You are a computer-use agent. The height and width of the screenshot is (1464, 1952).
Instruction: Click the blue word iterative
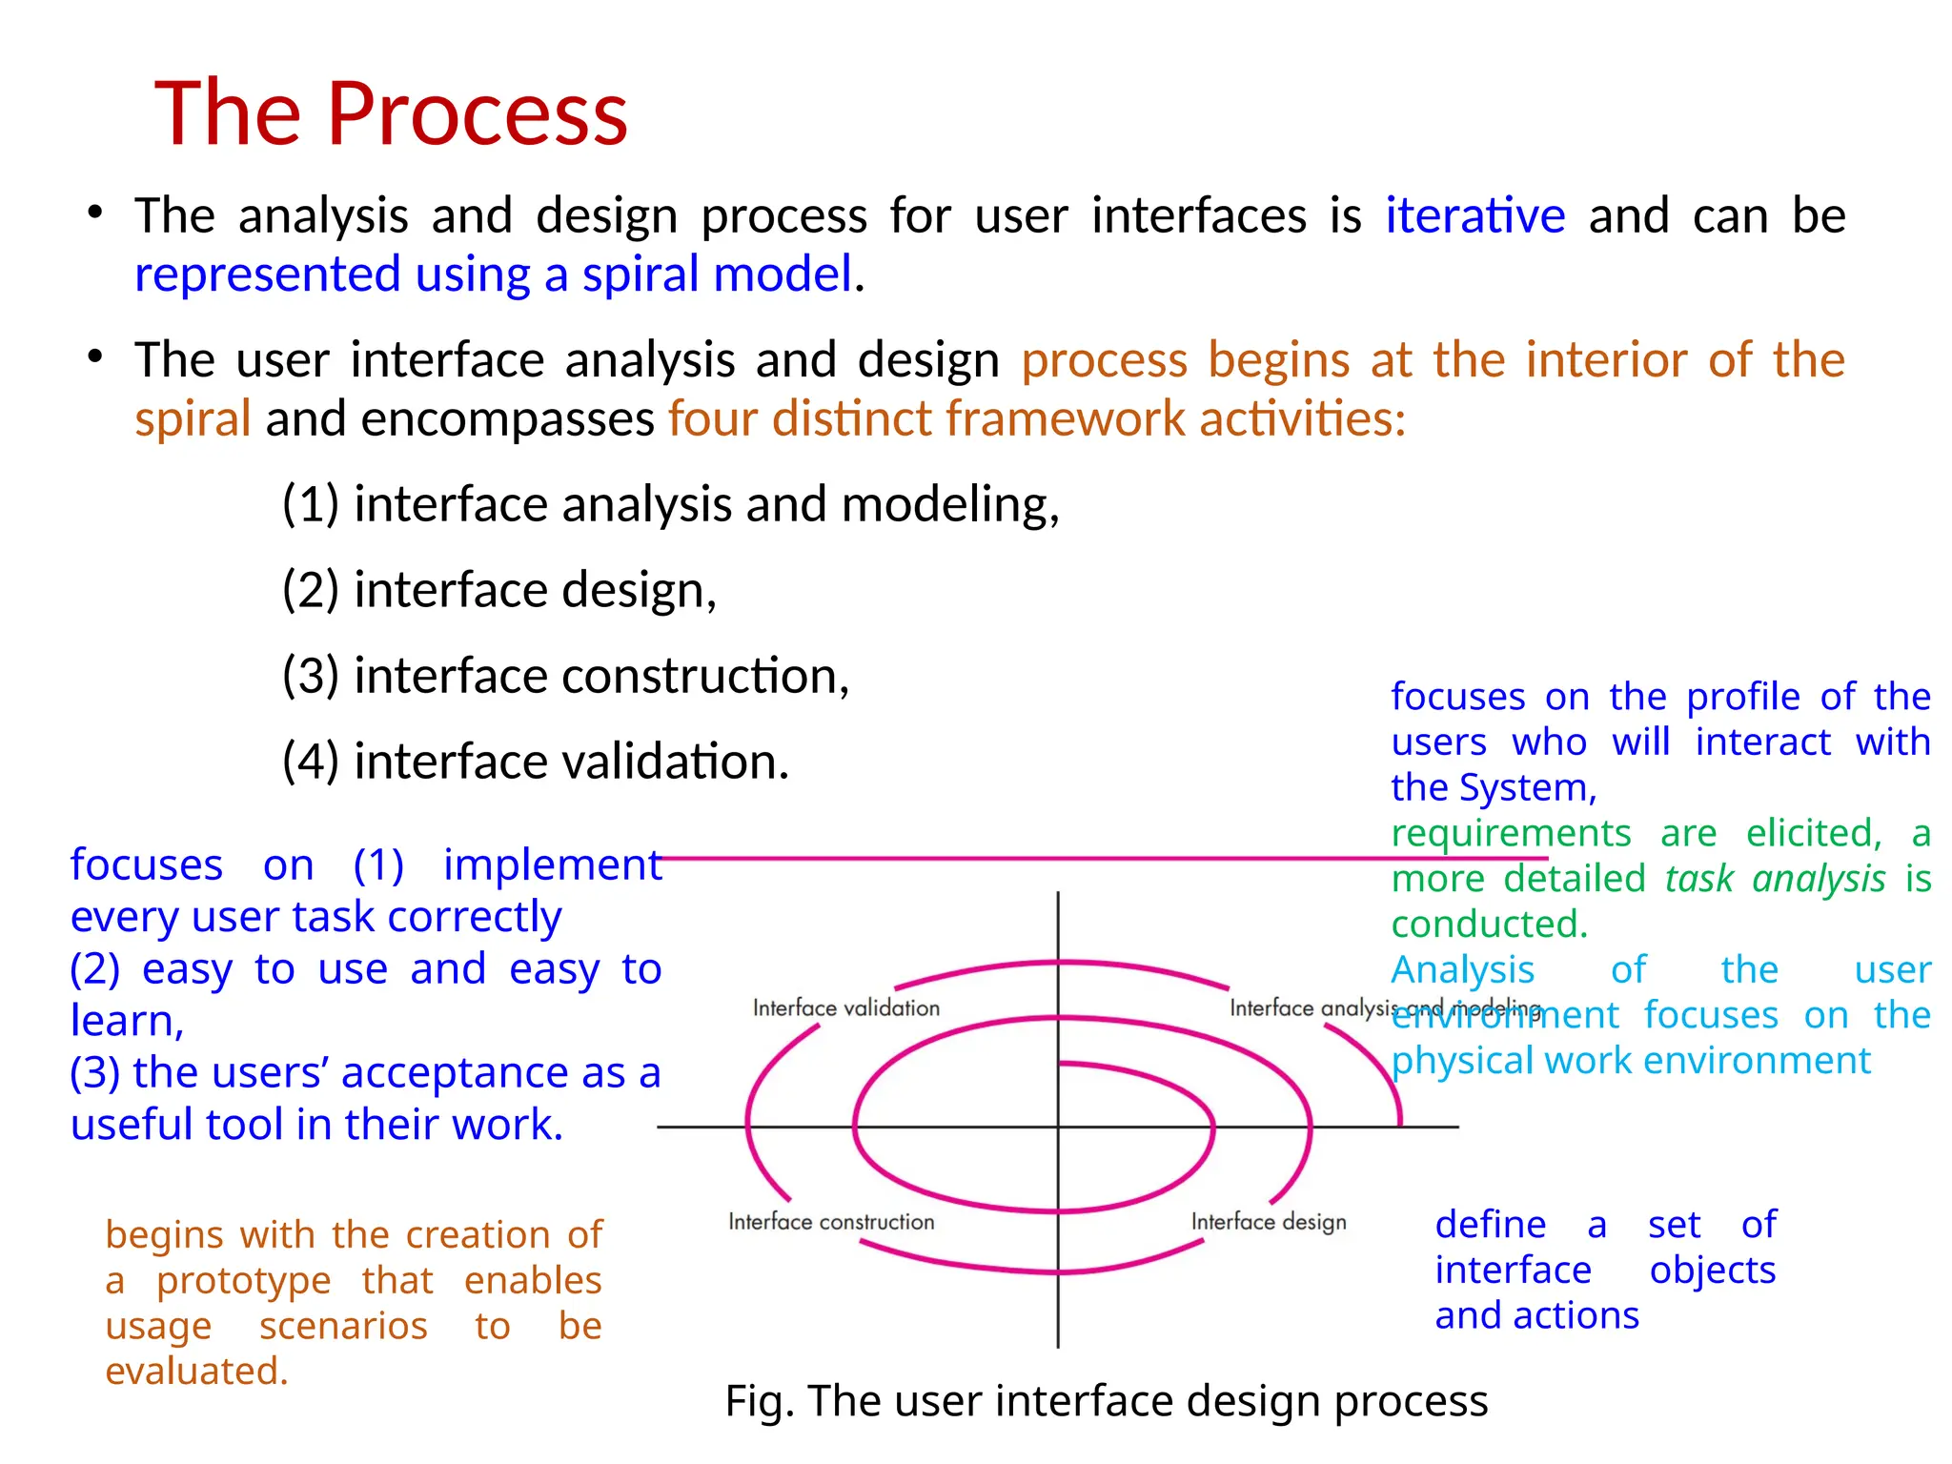[x=1474, y=215]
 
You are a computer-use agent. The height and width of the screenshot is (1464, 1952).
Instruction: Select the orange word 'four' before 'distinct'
[x=713, y=419]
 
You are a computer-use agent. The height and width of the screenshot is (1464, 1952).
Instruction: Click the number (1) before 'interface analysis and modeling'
[x=311, y=504]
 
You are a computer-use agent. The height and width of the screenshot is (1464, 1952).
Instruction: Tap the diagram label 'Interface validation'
[x=845, y=1007]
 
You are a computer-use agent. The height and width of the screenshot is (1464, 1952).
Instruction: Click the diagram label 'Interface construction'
[x=831, y=1222]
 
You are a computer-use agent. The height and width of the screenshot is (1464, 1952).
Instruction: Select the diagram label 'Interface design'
[x=1269, y=1222]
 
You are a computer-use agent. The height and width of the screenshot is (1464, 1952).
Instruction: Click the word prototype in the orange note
[x=243, y=1281]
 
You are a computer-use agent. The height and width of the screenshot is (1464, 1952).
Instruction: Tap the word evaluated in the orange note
[x=196, y=1372]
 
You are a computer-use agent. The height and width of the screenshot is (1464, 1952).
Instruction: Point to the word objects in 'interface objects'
[x=1712, y=1270]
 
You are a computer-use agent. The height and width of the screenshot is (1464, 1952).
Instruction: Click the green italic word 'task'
[x=1698, y=879]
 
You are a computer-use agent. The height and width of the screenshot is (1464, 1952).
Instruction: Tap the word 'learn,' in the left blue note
[x=127, y=1021]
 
